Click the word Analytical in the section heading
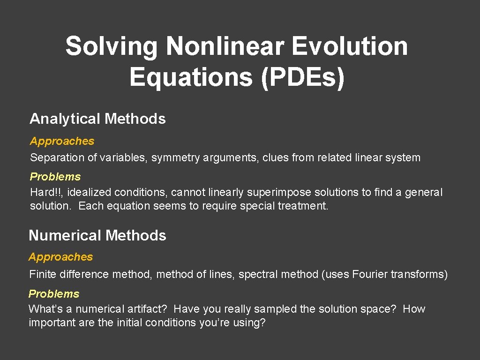tap(65, 119)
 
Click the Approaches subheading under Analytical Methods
tap(62, 141)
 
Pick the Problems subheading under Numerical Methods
tap(54, 294)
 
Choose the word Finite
tap(42, 274)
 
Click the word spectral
tap(255, 274)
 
